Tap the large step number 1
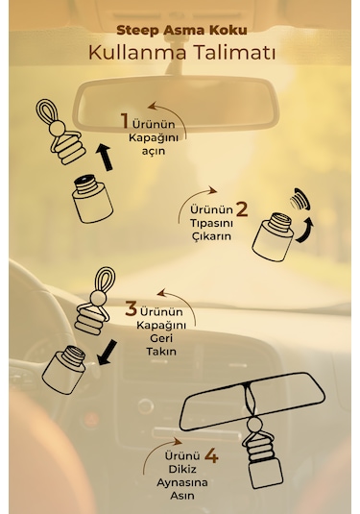click(125, 121)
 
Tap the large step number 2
click(242, 209)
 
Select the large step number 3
click(131, 309)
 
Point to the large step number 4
click(211, 456)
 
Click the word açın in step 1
click(154, 152)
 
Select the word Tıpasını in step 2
click(211, 224)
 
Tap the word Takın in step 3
click(161, 352)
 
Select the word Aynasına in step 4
click(182, 483)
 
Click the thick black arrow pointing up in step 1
click(105, 157)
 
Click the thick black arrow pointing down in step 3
click(107, 353)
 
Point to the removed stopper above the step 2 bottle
click(300, 199)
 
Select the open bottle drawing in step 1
click(92, 199)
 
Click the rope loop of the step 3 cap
click(105, 281)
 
